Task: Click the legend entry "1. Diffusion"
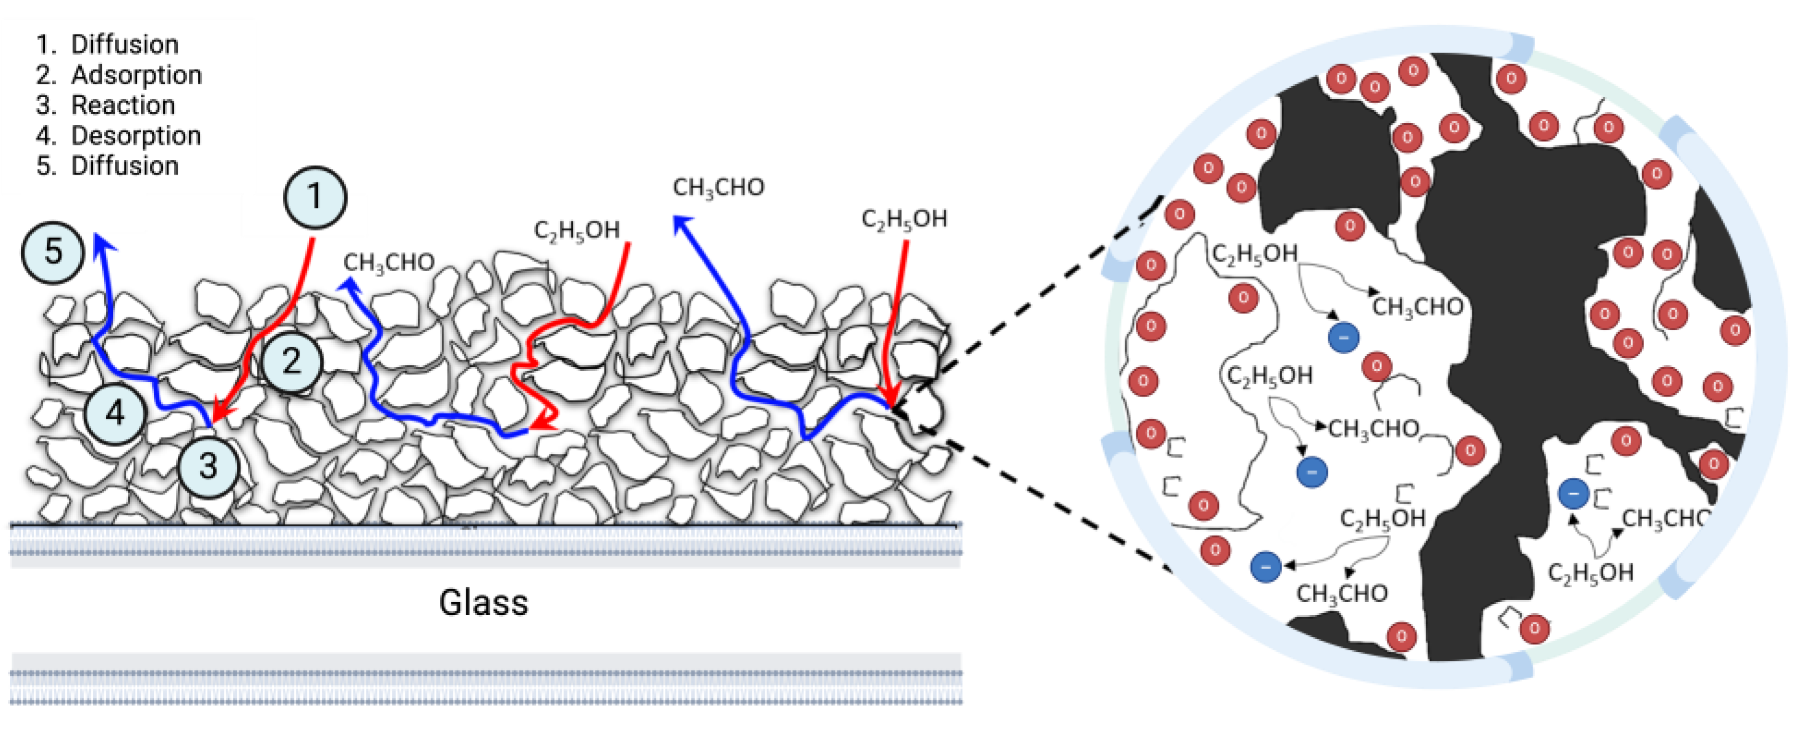pos(107,44)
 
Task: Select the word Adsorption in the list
pos(136,75)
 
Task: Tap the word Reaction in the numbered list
pos(123,105)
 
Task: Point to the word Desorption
pos(136,135)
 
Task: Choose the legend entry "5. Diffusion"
pos(107,166)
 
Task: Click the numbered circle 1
pos(315,197)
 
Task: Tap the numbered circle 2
pos(292,361)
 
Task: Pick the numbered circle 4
pos(115,413)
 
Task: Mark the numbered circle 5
pos(54,251)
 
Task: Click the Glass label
pos(484,603)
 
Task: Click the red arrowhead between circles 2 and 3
pos(221,414)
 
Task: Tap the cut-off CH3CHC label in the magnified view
pos(1666,518)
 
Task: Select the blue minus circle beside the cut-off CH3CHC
pos(1573,494)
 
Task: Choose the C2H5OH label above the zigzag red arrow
pos(576,230)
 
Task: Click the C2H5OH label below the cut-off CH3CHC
pos(1590,573)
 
